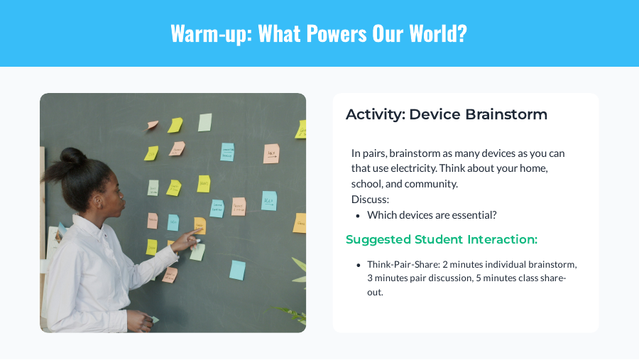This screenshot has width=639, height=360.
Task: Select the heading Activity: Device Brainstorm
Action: click(x=446, y=114)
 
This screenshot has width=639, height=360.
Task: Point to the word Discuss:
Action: click(x=370, y=200)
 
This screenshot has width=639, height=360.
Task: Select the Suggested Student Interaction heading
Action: click(x=441, y=240)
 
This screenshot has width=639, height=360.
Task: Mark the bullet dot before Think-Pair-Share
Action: click(x=359, y=265)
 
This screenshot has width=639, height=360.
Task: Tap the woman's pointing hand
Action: click(x=186, y=239)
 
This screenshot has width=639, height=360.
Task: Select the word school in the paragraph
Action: click(x=366, y=184)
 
